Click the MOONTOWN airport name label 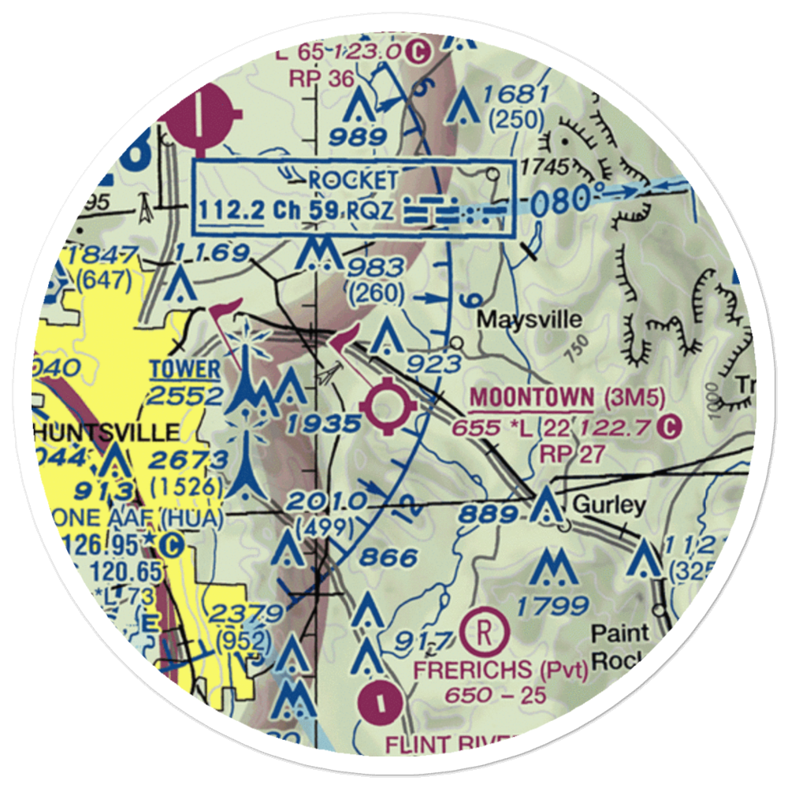531,398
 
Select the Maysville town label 530,320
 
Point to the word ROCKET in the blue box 353,180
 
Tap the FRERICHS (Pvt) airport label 501,671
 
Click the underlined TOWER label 185,368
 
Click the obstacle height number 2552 186,394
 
